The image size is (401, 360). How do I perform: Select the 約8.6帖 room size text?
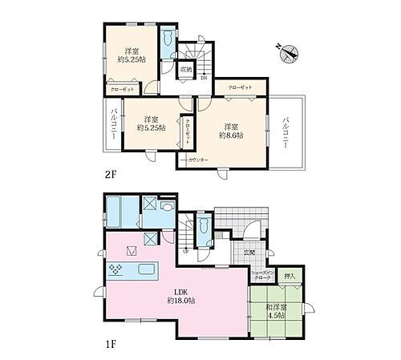pyautogui.click(x=232, y=136)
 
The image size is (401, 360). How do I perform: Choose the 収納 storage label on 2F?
pyautogui.click(x=185, y=69)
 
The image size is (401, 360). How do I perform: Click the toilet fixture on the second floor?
pyautogui.click(x=166, y=42)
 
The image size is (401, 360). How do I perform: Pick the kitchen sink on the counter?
pyautogui.click(x=148, y=269)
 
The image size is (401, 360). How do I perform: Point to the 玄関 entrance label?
pyautogui.click(x=250, y=253)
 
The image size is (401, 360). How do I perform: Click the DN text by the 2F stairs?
pyautogui.click(x=205, y=77)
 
